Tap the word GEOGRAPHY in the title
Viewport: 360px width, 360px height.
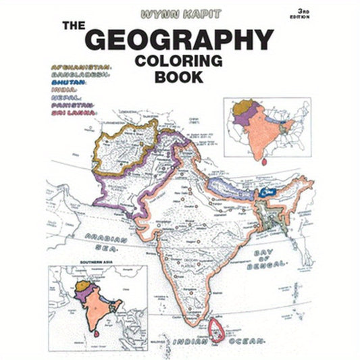(180, 38)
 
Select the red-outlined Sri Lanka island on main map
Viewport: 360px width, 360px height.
(218, 328)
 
